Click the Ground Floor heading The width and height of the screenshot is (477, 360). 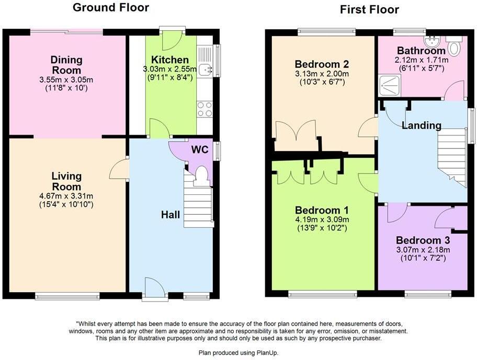[110, 7]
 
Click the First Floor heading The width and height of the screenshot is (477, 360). [369, 9]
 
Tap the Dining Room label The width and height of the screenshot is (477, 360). [66, 64]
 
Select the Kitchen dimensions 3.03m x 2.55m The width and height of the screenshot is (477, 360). [170, 69]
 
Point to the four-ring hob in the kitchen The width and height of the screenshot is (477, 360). [205, 109]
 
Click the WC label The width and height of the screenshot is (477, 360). [200, 150]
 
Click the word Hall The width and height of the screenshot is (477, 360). [170, 215]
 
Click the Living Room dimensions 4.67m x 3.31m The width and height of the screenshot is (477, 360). [66, 196]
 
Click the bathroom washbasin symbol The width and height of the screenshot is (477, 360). [434, 41]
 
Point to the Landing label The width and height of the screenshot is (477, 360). [422, 125]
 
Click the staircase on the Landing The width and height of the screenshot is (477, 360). [452, 157]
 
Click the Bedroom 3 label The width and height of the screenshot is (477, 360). [423, 240]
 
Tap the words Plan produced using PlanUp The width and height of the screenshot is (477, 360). [238, 353]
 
